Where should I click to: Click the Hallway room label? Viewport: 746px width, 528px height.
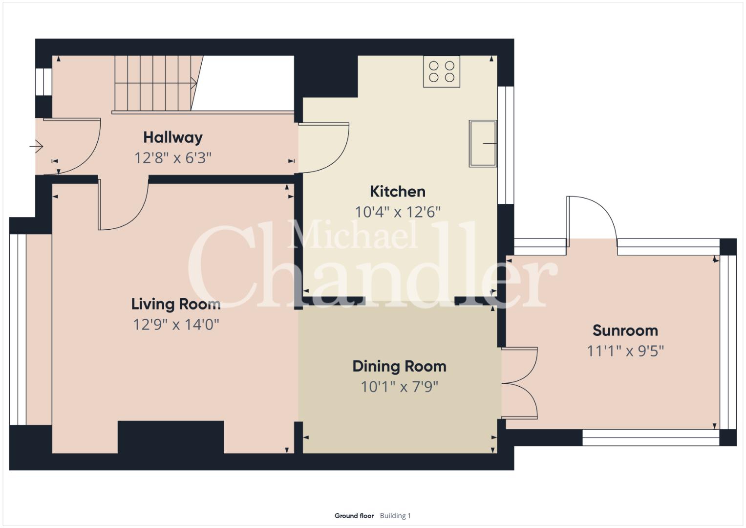[173, 138]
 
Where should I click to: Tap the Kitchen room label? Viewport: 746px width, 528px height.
[398, 192]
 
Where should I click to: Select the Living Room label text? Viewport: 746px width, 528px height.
[176, 304]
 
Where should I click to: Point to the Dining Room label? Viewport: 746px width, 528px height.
[399, 366]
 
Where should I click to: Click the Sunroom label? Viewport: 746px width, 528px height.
[625, 330]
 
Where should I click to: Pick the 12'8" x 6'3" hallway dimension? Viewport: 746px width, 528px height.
[173, 158]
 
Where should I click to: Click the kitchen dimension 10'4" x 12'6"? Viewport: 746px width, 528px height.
[398, 212]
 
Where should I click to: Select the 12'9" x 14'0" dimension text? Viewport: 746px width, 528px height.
[176, 324]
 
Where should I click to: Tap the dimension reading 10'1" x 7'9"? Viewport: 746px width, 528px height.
[399, 387]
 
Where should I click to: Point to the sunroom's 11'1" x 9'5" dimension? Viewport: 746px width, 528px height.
[625, 351]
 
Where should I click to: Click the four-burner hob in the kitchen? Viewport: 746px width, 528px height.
[442, 72]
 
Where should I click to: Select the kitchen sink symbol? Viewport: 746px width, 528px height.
[483, 143]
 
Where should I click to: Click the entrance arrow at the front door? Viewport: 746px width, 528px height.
[36, 146]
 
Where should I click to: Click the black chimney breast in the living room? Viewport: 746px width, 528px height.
[171, 437]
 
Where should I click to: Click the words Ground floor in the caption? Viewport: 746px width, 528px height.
[354, 516]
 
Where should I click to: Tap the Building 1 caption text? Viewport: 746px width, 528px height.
[395, 516]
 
